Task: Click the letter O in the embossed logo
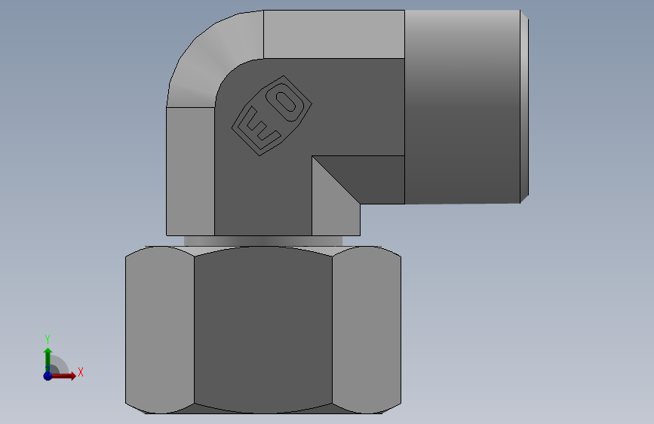point(286,100)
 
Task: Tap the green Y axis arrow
point(48,360)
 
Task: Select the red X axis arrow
point(63,376)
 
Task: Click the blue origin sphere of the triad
point(48,376)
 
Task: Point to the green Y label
point(48,340)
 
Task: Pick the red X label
point(81,372)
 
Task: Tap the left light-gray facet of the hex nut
point(160,330)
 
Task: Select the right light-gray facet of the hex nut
point(367,330)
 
